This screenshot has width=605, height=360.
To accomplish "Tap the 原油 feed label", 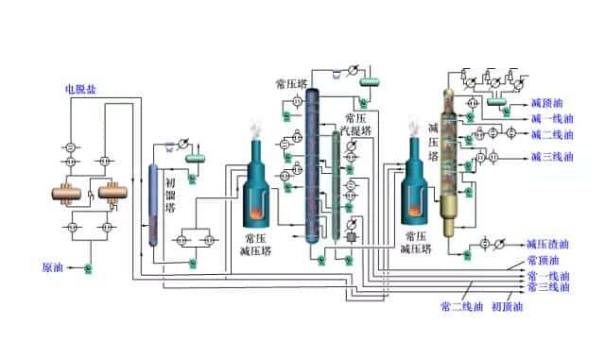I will click(54, 266).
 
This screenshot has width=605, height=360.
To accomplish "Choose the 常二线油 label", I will click(462, 305).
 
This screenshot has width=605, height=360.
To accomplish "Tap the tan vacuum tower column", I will click(449, 151).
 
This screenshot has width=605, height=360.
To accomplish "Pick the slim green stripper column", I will click(337, 184).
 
